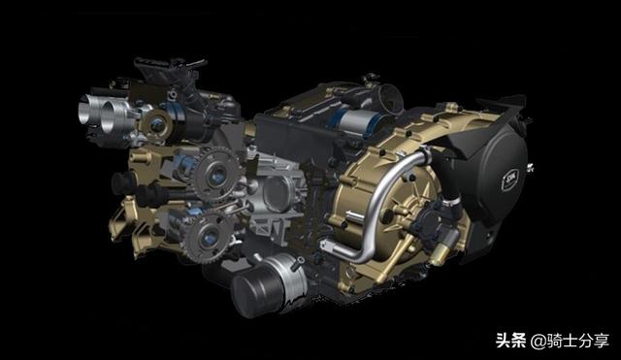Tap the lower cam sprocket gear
tap(208, 237)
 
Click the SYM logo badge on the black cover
tap(510, 180)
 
